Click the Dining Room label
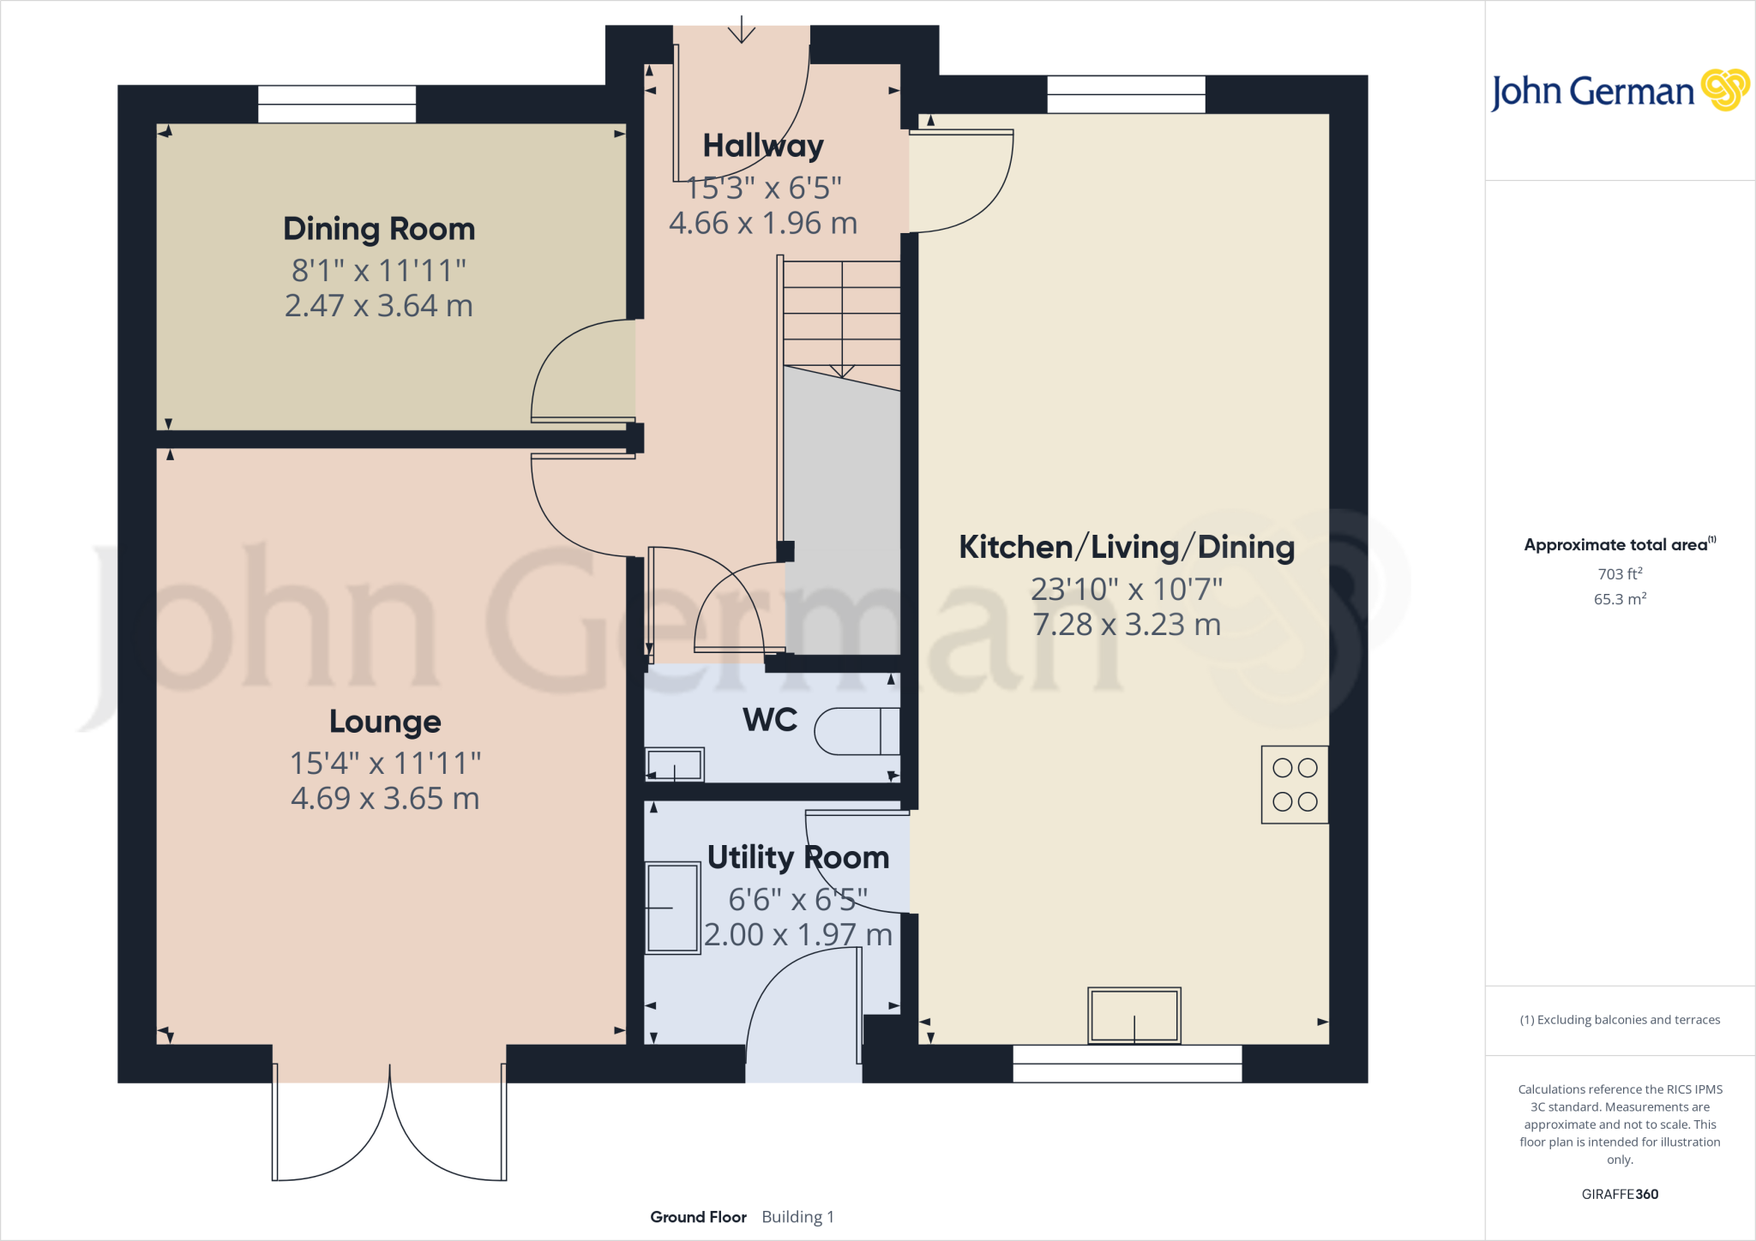coord(379,229)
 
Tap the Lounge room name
coord(385,722)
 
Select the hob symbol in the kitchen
coord(1295,784)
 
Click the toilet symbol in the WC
coord(855,731)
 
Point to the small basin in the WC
coord(675,764)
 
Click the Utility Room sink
coord(673,908)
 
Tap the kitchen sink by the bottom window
coord(1134,1015)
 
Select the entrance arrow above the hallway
coord(741,32)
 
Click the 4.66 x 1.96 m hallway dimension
coord(763,224)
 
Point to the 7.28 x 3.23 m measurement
coord(1126,625)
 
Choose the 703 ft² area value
coord(1620,573)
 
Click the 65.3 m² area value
coord(1620,599)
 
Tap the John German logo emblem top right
coord(1725,89)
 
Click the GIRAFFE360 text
coord(1620,1194)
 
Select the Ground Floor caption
coord(698,1217)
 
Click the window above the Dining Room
coord(337,104)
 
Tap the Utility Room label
coord(797,858)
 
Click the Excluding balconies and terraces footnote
coord(1620,1020)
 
